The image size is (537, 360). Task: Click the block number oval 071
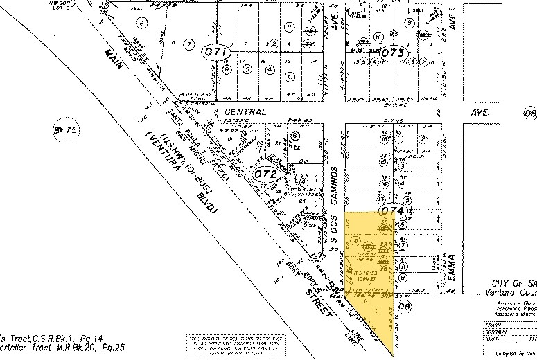click(212, 53)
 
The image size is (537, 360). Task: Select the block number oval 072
click(266, 174)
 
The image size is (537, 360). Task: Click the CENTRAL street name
click(245, 111)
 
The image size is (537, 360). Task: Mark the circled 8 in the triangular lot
click(143, 23)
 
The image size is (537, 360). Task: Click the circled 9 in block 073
click(410, 23)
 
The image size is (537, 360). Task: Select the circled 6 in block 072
click(295, 136)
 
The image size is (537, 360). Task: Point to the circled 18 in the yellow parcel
click(355, 241)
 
